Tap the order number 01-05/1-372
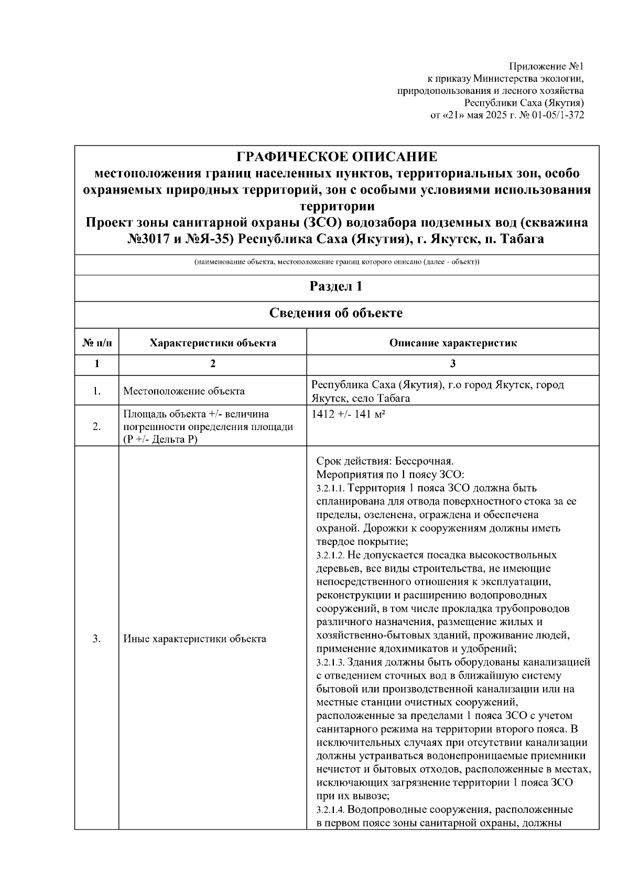coord(558,115)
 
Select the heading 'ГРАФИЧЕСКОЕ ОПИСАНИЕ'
coord(337,157)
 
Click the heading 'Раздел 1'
coord(337,286)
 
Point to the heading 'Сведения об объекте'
coord(337,313)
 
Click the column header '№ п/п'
coord(97,344)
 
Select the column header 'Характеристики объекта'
coord(213,344)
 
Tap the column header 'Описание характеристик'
coord(453,344)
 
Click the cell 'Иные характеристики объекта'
coord(194,639)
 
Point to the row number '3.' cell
coord(97,639)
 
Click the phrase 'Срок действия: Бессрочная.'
coord(385,461)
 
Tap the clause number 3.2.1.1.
coord(330,488)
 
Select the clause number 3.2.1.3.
coord(330,662)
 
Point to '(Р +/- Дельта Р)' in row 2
coord(160,439)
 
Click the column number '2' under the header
coord(213,364)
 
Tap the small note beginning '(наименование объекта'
coord(337,262)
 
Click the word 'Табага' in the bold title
coord(522,240)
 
